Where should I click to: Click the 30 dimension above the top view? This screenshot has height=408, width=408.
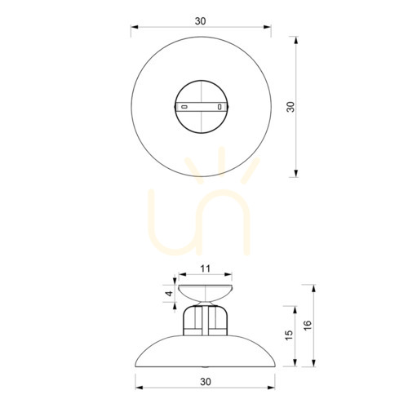[201, 21]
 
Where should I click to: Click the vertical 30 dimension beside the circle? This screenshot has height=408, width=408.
[290, 107]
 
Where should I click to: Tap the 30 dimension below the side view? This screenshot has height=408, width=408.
[206, 382]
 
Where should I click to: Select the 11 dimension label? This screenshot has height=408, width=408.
[206, 268]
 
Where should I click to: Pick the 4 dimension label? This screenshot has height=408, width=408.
[169, 294]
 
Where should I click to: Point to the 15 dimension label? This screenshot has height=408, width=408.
[289, 335]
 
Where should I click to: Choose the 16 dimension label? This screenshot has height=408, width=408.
[307, 326]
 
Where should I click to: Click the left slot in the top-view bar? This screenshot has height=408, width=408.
[184, 107]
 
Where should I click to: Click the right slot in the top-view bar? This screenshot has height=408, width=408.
[220, 107]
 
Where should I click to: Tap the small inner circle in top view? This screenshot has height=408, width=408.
[202, 81]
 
